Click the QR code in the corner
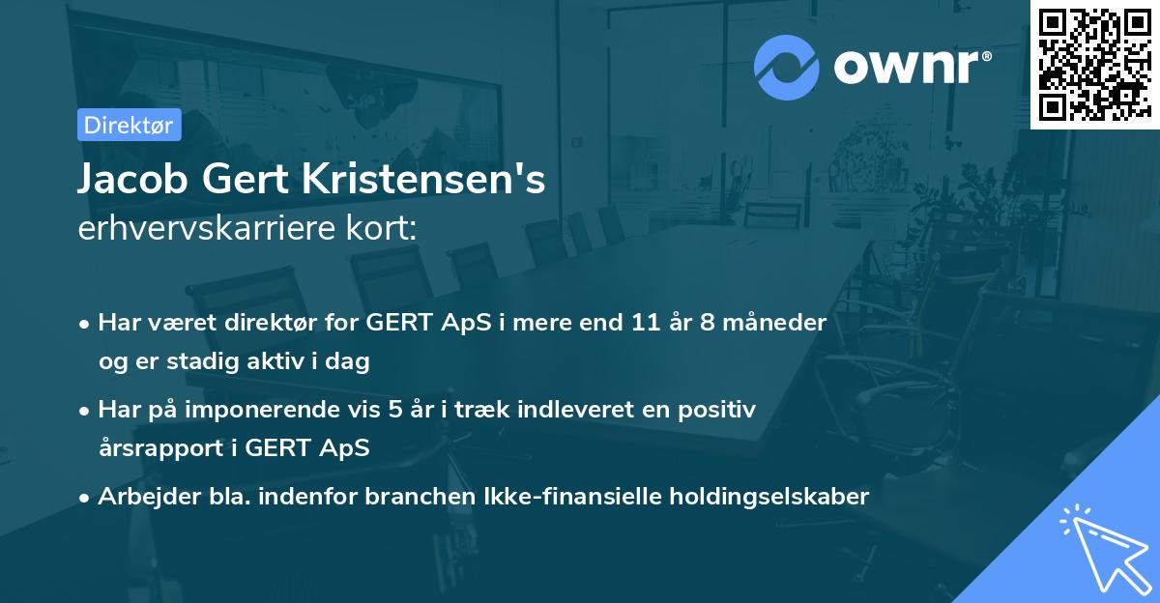1094,64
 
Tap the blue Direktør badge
129,125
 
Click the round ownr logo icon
787,68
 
